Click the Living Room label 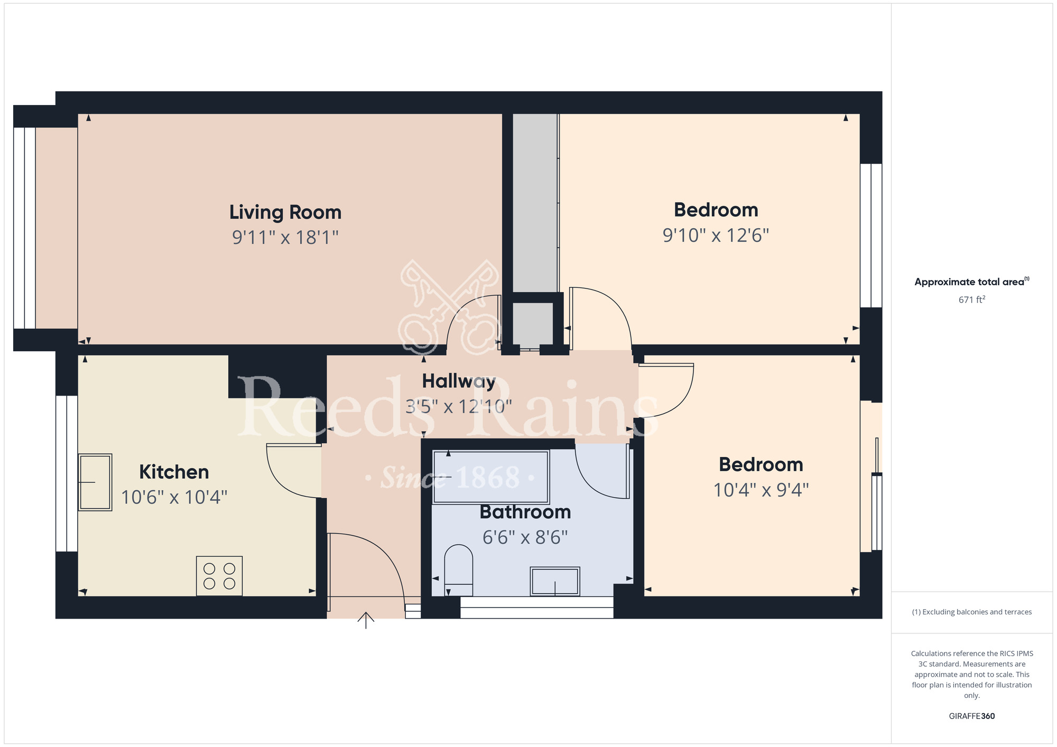[x=285, y=212]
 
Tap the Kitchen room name [x=174, y=472]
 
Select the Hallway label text [x=458, y=381]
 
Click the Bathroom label [x=525, y=512]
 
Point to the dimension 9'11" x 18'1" [x=285, y=237]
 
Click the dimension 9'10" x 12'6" [x=716, y=235]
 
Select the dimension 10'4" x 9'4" [x=761, y=490]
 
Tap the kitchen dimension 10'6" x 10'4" [x=174, y=497]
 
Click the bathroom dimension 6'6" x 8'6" [x=525, y=537]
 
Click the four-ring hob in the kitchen [x=219, y=576]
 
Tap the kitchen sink [x=95, y=482]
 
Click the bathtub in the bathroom [x=490, y=477]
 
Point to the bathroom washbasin [x=555, y=581]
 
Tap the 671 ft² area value [x=971, y=300]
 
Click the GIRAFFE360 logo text [x=971, y=716]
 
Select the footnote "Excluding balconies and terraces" [x=971, y=612]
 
